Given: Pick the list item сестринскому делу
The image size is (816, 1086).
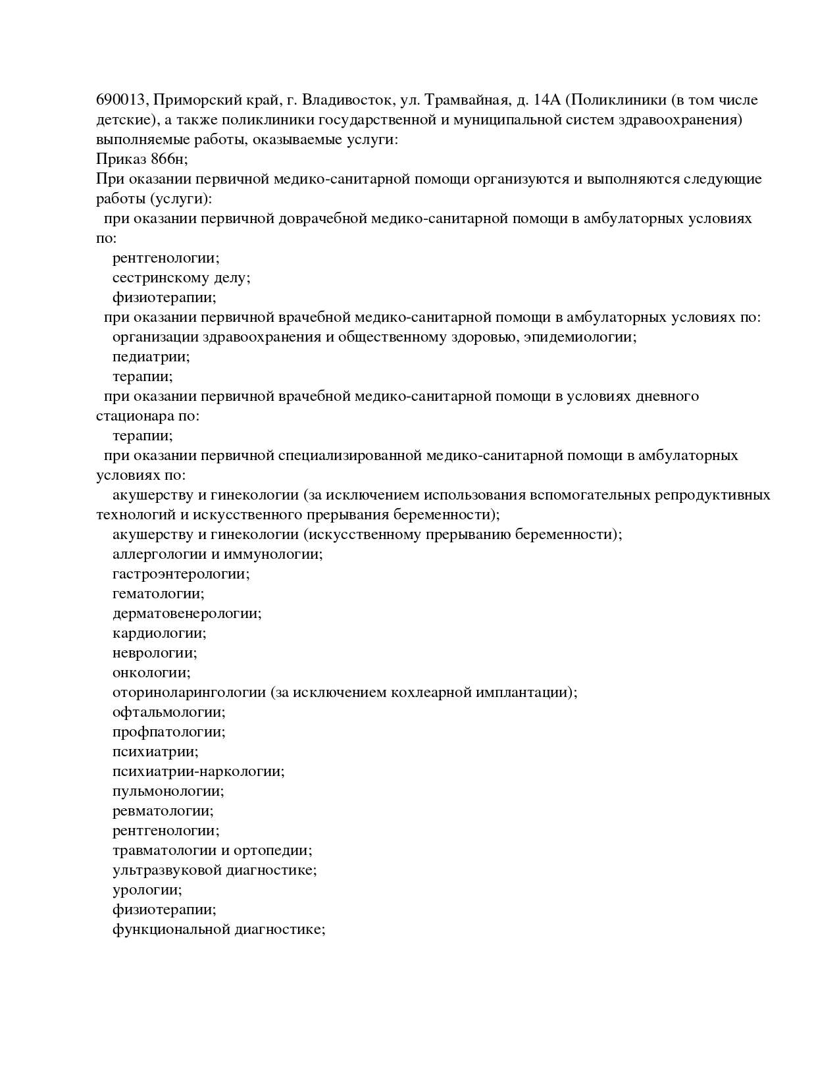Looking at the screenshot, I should coord(181,278).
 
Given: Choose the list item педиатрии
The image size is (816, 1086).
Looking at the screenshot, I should coord(151,357).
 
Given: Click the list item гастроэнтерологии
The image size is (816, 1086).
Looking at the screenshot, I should coord(181,574).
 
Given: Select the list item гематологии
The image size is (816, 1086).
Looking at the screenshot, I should coord(158,594).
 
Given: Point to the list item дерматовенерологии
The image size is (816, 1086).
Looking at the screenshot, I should coord(187,613).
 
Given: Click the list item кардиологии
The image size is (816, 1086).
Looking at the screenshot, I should coord(159,633).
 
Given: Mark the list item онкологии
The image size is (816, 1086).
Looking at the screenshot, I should coord(151,673).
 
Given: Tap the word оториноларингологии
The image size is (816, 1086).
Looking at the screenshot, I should coord(188,692).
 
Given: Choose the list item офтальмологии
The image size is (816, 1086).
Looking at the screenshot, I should coord(168,712).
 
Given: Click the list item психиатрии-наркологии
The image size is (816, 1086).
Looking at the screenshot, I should coord(198,771).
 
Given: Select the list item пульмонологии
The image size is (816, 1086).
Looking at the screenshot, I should coord(168,791).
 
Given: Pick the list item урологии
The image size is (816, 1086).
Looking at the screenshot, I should coord(147,890).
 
